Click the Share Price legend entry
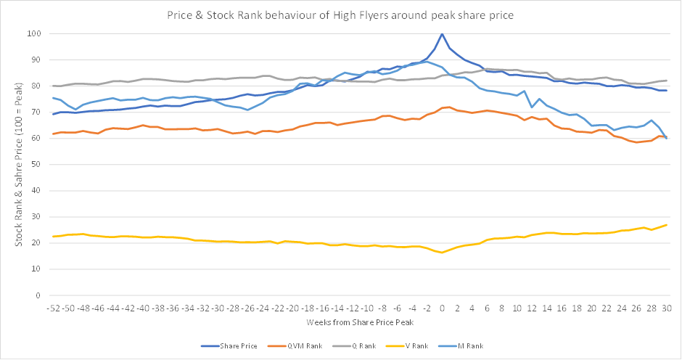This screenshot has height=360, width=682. point(229,346)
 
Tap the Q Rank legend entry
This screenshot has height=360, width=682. point(354,346)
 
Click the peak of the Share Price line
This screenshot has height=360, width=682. point(442,33)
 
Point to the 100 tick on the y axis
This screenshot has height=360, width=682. point(34,33)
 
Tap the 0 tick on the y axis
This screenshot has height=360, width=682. point(38,295)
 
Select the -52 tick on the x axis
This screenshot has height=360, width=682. point(54,308)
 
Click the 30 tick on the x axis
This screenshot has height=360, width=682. point(666,308)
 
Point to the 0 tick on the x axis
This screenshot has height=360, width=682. point(442,308)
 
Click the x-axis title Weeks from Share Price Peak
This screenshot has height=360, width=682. point(360,322)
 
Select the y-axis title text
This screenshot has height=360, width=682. point(19,164)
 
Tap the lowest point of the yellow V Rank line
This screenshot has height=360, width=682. point(442,253)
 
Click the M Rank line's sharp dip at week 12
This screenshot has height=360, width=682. point(532,107)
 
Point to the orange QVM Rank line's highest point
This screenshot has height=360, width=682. point(449,107)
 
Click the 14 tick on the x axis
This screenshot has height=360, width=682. point(547,308)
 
